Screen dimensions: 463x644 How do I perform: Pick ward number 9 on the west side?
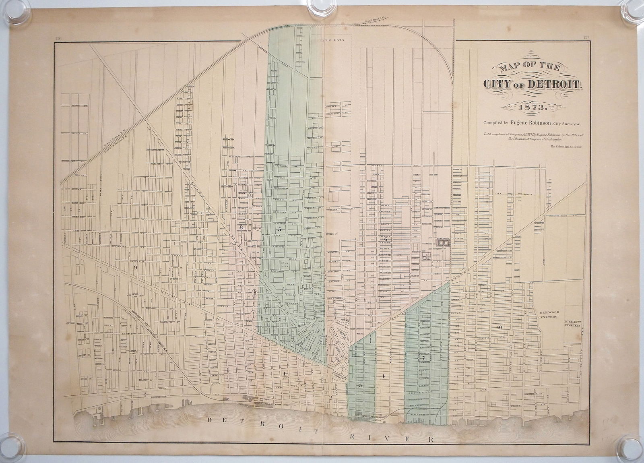pos(136,267)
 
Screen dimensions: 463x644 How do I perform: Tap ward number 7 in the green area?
pos(423,358)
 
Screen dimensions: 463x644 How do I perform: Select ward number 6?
pos(385,240)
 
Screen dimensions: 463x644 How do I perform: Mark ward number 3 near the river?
pos(360,385)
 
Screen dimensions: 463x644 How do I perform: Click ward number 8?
pos(241,226)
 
